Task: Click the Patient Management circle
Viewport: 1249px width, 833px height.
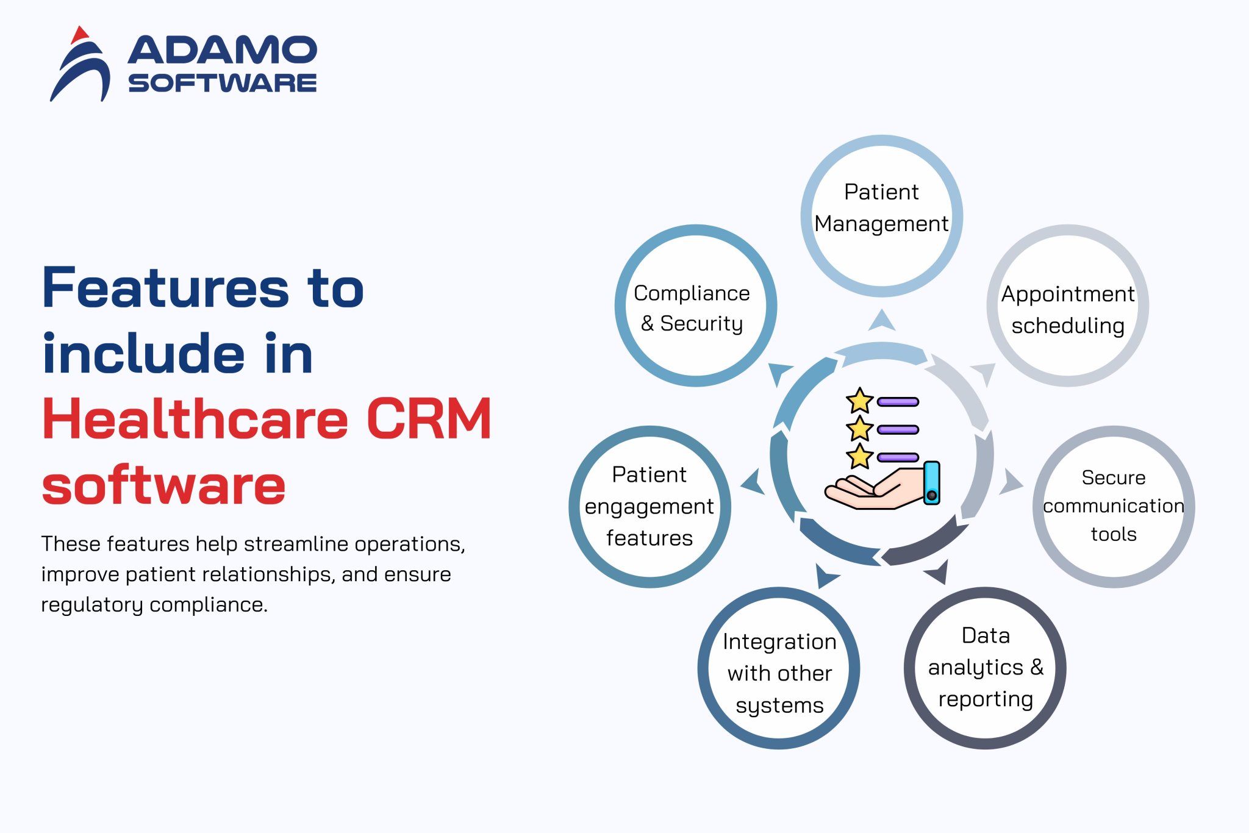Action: [x=881, y=216]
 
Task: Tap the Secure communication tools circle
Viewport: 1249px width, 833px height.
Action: [x=1113, y=506]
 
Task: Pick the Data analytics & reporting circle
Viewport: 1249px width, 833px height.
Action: [x=985, y=668]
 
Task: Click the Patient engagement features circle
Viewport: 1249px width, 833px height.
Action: [x=650, y=506]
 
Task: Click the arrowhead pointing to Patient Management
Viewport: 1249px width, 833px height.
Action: [x=881, y=321]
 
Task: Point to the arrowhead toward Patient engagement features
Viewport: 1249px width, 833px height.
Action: [x=753, y=482]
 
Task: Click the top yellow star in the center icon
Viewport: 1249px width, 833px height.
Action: [x=860, y=401]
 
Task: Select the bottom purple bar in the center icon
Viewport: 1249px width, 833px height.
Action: [x=898, y=457]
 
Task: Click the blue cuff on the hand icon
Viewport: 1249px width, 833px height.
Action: [x=931, y=482]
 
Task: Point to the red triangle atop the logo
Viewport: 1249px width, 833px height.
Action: [x=79, y=35]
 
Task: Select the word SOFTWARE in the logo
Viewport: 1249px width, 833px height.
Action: [x=222, y=83]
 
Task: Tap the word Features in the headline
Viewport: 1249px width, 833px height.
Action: [x=165, y=288]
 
